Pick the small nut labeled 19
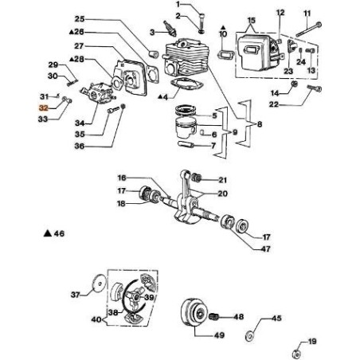pos(296,350)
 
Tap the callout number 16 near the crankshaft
pos(122,178)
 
